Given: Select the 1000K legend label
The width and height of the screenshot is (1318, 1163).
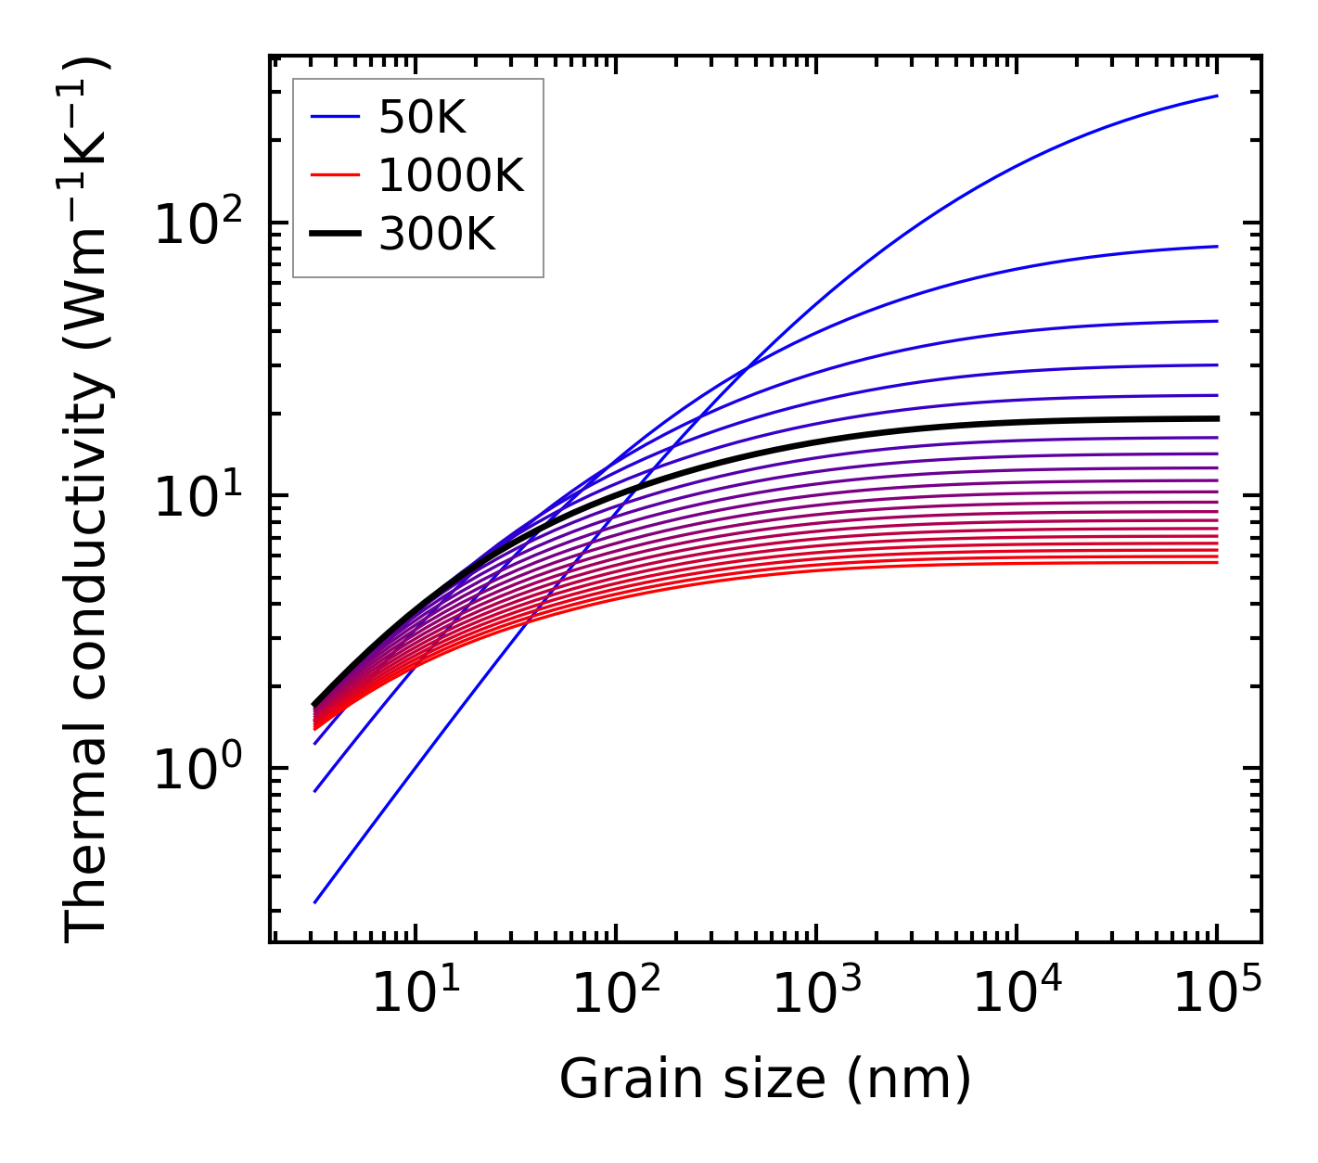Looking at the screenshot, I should tap(451, 175).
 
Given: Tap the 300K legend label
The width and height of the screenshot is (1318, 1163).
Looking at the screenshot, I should tap(437, 235).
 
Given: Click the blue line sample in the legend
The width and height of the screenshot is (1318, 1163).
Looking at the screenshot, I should tap(334, 117).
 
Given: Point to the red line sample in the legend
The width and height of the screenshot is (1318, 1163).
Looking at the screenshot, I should tap(334, 175).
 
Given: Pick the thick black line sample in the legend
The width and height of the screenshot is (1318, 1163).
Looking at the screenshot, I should tap(334, 235).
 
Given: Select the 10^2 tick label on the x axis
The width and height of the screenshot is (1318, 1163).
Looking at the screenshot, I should tap(615, 994).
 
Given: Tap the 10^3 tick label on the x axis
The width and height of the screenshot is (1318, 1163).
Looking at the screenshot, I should tap(815, 994).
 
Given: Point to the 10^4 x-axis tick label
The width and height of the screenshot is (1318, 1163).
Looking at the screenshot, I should tap(1017, 994).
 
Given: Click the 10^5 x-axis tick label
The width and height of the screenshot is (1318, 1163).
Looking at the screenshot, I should tap(1217, 994).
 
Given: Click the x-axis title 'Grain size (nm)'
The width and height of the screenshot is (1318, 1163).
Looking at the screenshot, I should tap(765, 1079).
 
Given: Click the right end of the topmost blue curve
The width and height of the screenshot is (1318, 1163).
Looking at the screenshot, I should tap(1216, 96).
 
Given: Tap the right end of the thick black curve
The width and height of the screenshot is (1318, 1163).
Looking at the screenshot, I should tap(1216, 418).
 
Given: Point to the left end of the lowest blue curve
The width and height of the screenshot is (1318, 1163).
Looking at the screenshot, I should tap(315, 902).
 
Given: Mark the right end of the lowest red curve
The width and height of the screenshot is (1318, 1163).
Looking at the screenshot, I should tap(1216, 562).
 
